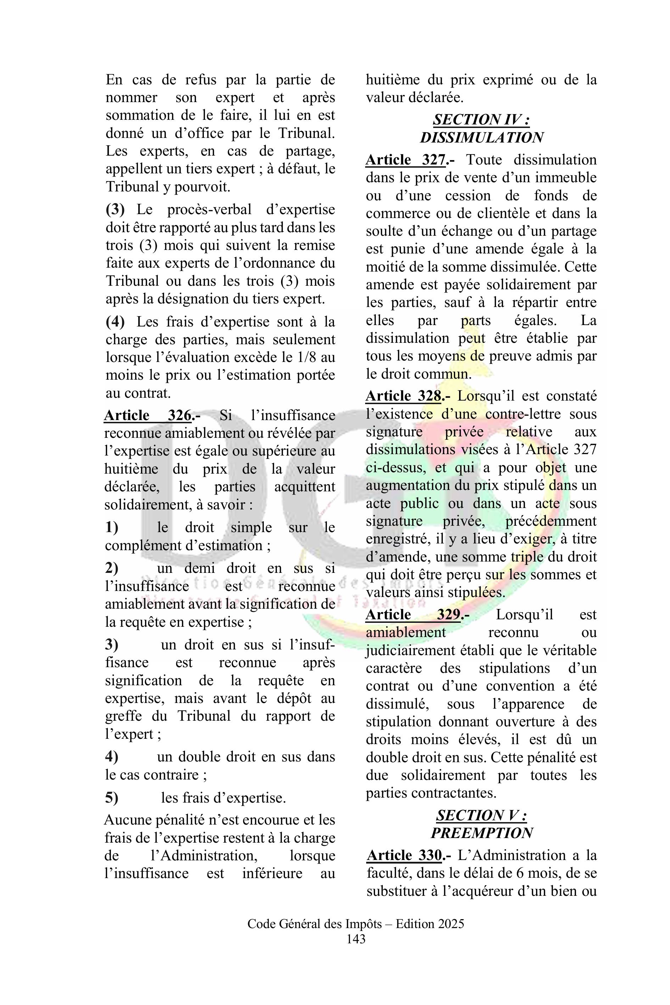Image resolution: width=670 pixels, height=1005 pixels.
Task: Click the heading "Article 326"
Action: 147,415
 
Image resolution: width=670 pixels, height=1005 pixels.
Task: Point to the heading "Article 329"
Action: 413,614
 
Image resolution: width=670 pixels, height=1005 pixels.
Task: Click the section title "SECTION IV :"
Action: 481,120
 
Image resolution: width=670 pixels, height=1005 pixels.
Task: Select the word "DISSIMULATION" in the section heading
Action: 481,138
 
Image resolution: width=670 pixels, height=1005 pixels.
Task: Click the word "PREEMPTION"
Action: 481,833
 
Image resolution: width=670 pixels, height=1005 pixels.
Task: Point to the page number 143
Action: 356,939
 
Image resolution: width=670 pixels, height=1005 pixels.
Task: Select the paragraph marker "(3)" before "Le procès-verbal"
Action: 115,210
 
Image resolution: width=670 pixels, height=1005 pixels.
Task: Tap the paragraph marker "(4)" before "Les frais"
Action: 115,322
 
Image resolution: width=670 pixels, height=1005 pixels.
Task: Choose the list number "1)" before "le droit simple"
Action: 112,527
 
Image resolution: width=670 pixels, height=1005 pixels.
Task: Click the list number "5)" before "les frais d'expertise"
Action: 112,798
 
